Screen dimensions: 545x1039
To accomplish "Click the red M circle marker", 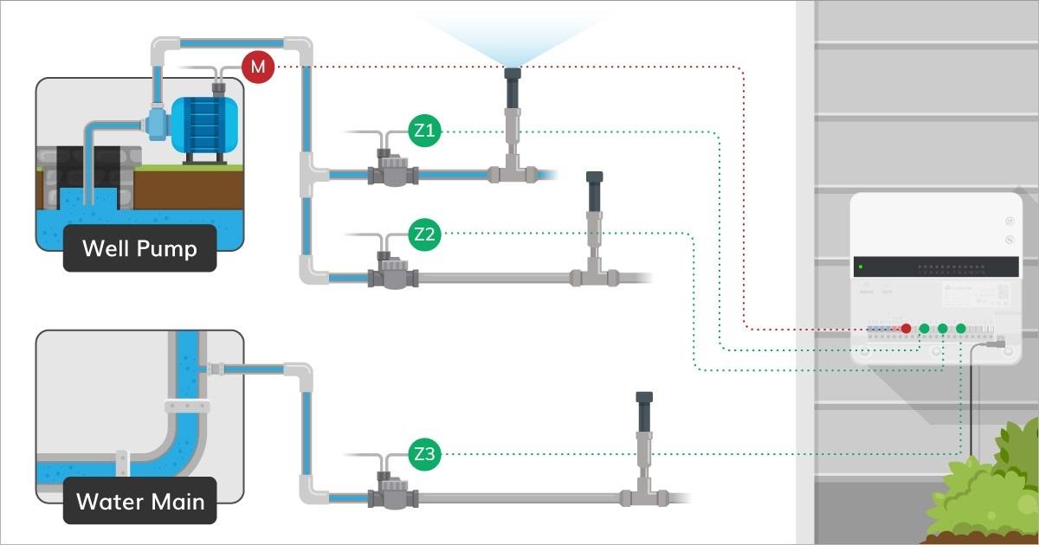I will coord(256,67).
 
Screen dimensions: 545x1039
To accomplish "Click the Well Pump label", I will coord(139,250).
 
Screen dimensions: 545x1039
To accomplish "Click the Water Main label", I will coord(139,501).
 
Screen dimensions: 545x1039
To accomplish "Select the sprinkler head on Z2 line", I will coord(594,192).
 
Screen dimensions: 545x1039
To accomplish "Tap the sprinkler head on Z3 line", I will coord(643,413).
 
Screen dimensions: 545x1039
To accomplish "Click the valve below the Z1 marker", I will coord(391,170).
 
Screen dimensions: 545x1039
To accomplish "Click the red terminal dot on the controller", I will coord(906,329).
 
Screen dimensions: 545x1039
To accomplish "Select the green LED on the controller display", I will coord(862,266).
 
